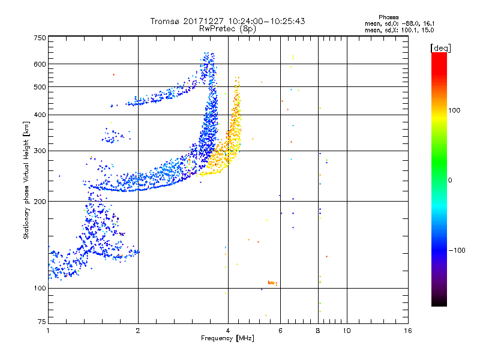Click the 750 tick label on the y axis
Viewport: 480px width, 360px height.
click(x=40, y=38)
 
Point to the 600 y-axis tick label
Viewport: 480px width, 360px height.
click(x=40, y=64)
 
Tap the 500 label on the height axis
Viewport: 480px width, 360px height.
click(x=40, y=87)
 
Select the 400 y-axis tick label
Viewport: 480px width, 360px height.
click(x=40, y=115)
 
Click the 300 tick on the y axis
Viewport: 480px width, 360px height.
click(x=40, y=151)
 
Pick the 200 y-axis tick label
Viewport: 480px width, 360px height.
click(x=40, y=201)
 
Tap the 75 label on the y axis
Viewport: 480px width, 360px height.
click(x=41, y=323)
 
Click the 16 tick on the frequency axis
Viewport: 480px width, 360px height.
click(x=407, y=331)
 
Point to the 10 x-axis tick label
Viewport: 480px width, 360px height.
click(x=347, y=331)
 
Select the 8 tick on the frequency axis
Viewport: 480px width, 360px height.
click(x=318, y=331)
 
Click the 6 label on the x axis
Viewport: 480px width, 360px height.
click(x=280, y=331)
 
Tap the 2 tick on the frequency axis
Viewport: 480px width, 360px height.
click(x=138, y=331)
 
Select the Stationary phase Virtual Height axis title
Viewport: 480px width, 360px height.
click(x=26, y=180)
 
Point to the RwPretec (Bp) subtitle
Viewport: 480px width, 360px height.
click(x=228, y=28)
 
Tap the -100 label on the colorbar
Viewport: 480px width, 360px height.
click(x=459, y=250)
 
